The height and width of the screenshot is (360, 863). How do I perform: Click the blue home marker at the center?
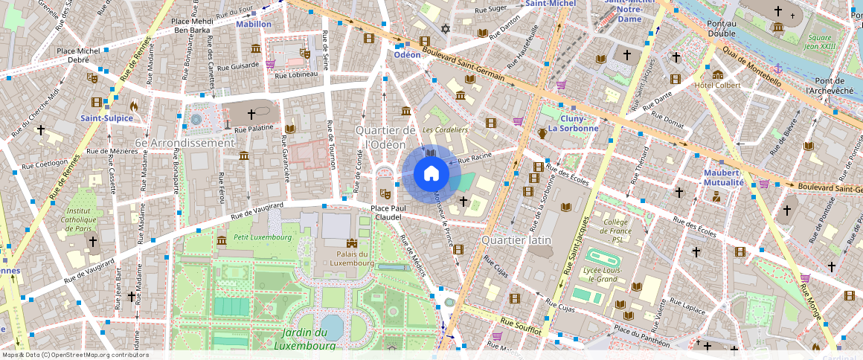[x=431, y=174]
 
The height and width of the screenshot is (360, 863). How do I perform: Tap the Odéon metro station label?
[x=407, y=55]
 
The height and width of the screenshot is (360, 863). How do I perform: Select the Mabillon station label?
[x=254, y=25]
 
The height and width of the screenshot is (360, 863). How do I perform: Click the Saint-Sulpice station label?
[x=106, y=118]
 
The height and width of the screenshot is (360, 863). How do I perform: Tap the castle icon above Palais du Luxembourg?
[x=351, y=243]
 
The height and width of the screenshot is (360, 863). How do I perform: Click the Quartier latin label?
[x=516, y=240]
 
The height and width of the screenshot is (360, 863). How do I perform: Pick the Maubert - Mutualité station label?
[x=723, y=178]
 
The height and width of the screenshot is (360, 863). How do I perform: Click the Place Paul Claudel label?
[x=388, y=213]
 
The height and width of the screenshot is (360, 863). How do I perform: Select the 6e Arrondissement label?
[x=185, y=143]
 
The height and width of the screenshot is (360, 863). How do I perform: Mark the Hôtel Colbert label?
[x=717, y=86]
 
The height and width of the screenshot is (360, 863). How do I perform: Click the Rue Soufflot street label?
[x=519, y=325]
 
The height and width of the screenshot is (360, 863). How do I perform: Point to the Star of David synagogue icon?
[x=446, y=28]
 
